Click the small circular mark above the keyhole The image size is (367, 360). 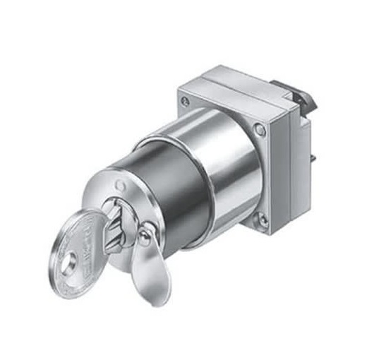pos(121,187)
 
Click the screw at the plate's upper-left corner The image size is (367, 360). pos(185,102)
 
